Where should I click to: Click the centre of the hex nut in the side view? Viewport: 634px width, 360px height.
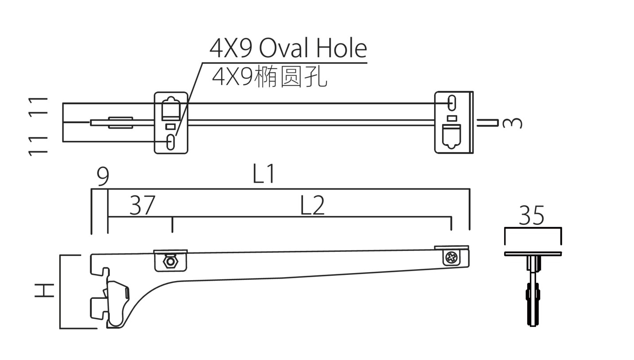click(171, 262)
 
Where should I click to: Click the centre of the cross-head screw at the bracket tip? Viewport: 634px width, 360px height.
click(451, 258)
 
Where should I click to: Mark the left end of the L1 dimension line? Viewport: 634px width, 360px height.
click(91, 188)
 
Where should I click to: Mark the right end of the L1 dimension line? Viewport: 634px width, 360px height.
click(470, 188)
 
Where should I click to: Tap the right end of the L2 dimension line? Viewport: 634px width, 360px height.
click(451, 217)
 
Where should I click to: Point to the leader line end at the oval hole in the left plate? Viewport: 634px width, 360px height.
click(176, 135)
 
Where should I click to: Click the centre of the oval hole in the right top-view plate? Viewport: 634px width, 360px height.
click(451, 103)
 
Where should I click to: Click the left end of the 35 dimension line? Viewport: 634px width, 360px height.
click(505, 227)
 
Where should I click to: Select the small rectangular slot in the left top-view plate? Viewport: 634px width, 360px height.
click(170, 127)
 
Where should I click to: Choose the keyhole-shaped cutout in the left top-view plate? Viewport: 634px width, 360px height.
click(171, 109)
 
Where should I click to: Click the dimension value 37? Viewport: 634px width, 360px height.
click(142, 205)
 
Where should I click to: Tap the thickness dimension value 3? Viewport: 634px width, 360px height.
click(512, 123)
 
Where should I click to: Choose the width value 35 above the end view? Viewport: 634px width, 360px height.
click(531, 215)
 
